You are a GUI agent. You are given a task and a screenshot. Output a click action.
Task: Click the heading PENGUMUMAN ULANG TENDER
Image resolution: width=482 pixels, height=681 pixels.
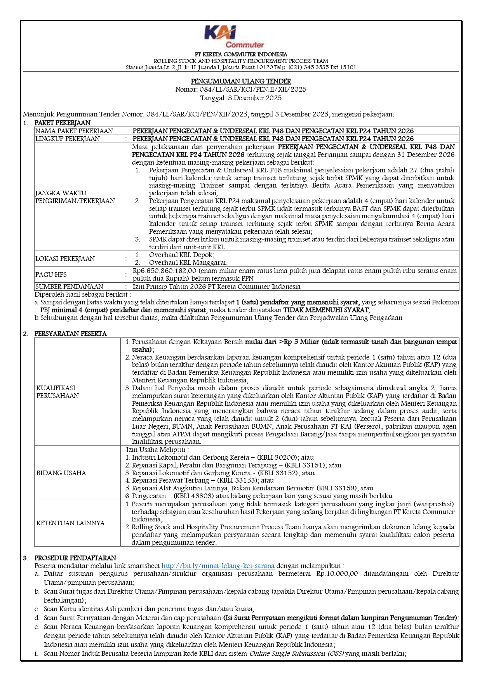(241, 81)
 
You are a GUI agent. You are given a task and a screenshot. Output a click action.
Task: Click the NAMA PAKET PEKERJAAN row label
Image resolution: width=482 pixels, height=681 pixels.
(74, 131)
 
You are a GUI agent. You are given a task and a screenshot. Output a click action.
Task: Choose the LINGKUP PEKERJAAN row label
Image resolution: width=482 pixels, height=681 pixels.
(68, 139)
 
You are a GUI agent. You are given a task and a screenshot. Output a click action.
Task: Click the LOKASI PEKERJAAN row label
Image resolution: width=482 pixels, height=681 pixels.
(65, 259)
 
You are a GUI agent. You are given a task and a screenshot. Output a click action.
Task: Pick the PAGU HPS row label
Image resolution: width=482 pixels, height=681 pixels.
(51, 274)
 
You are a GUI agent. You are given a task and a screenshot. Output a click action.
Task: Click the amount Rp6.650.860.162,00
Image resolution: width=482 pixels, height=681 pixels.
(165, 271)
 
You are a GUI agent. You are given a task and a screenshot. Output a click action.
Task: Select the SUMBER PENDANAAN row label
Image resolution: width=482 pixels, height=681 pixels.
(70, 287)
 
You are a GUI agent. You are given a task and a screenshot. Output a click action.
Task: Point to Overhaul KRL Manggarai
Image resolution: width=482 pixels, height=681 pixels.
(188, 262)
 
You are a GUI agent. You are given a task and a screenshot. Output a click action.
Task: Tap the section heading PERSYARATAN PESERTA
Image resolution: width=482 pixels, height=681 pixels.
(70, 334)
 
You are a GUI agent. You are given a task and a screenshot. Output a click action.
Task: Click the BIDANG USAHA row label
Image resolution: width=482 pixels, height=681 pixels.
(61, 473)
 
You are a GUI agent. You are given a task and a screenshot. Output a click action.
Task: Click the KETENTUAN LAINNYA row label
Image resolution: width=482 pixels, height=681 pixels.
(70, 523)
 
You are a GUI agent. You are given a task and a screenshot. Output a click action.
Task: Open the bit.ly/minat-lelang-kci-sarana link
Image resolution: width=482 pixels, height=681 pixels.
(218, 566)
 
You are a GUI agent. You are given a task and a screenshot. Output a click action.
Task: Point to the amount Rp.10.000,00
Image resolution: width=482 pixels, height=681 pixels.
(337, 573)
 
